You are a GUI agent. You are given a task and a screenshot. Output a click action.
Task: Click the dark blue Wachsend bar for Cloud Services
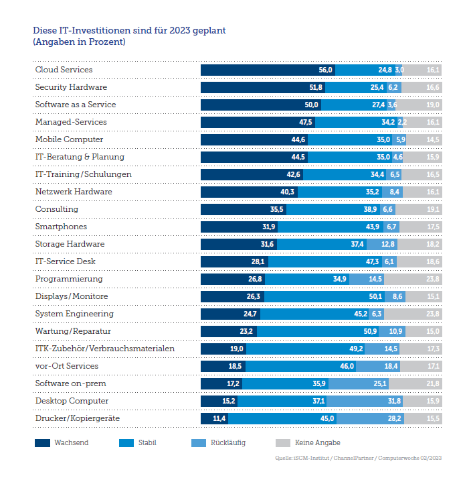268,70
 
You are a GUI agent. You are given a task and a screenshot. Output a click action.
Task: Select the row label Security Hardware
71,87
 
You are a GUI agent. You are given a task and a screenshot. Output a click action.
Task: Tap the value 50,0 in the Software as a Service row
312,105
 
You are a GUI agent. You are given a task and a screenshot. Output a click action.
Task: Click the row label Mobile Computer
69,139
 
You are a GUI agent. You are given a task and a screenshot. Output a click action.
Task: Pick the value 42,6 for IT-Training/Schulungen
294,174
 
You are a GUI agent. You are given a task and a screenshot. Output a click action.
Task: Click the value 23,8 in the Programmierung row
433,279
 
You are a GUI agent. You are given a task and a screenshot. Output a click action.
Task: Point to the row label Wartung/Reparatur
73,331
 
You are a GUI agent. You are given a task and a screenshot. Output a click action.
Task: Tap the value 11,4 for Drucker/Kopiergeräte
219,418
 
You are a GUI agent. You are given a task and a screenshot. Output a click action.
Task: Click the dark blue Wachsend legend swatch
42,443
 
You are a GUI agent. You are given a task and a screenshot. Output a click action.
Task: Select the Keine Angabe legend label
317,443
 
